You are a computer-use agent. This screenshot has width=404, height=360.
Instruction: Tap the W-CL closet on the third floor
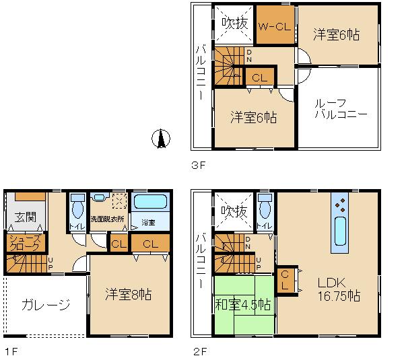pyautogui.click(x=275, y=25)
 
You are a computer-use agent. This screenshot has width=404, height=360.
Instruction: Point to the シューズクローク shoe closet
pyautogui.click(x=26, y=243)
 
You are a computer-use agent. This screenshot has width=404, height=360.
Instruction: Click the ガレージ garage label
pyautogui.click(x=45, y=305)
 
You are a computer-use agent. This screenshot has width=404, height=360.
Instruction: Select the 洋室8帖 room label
pyautogui.click(x=129, y=295)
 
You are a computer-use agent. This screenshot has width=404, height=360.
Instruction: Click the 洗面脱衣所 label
pyautogui.click(x=107, y=219)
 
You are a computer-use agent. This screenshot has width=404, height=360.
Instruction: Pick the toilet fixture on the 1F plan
pyautogui.click(x=77, y=205)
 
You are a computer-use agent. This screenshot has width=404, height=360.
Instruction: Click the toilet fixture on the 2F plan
pyautogui.click(x=265, y=204)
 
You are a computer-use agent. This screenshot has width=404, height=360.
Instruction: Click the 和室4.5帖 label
pyautogui.click(x=244, y=304)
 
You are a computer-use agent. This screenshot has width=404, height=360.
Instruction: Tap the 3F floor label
pyautogui.click(x=197, y=162)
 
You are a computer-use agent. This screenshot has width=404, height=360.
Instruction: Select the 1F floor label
pyautogui.click(x=9, y=350)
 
